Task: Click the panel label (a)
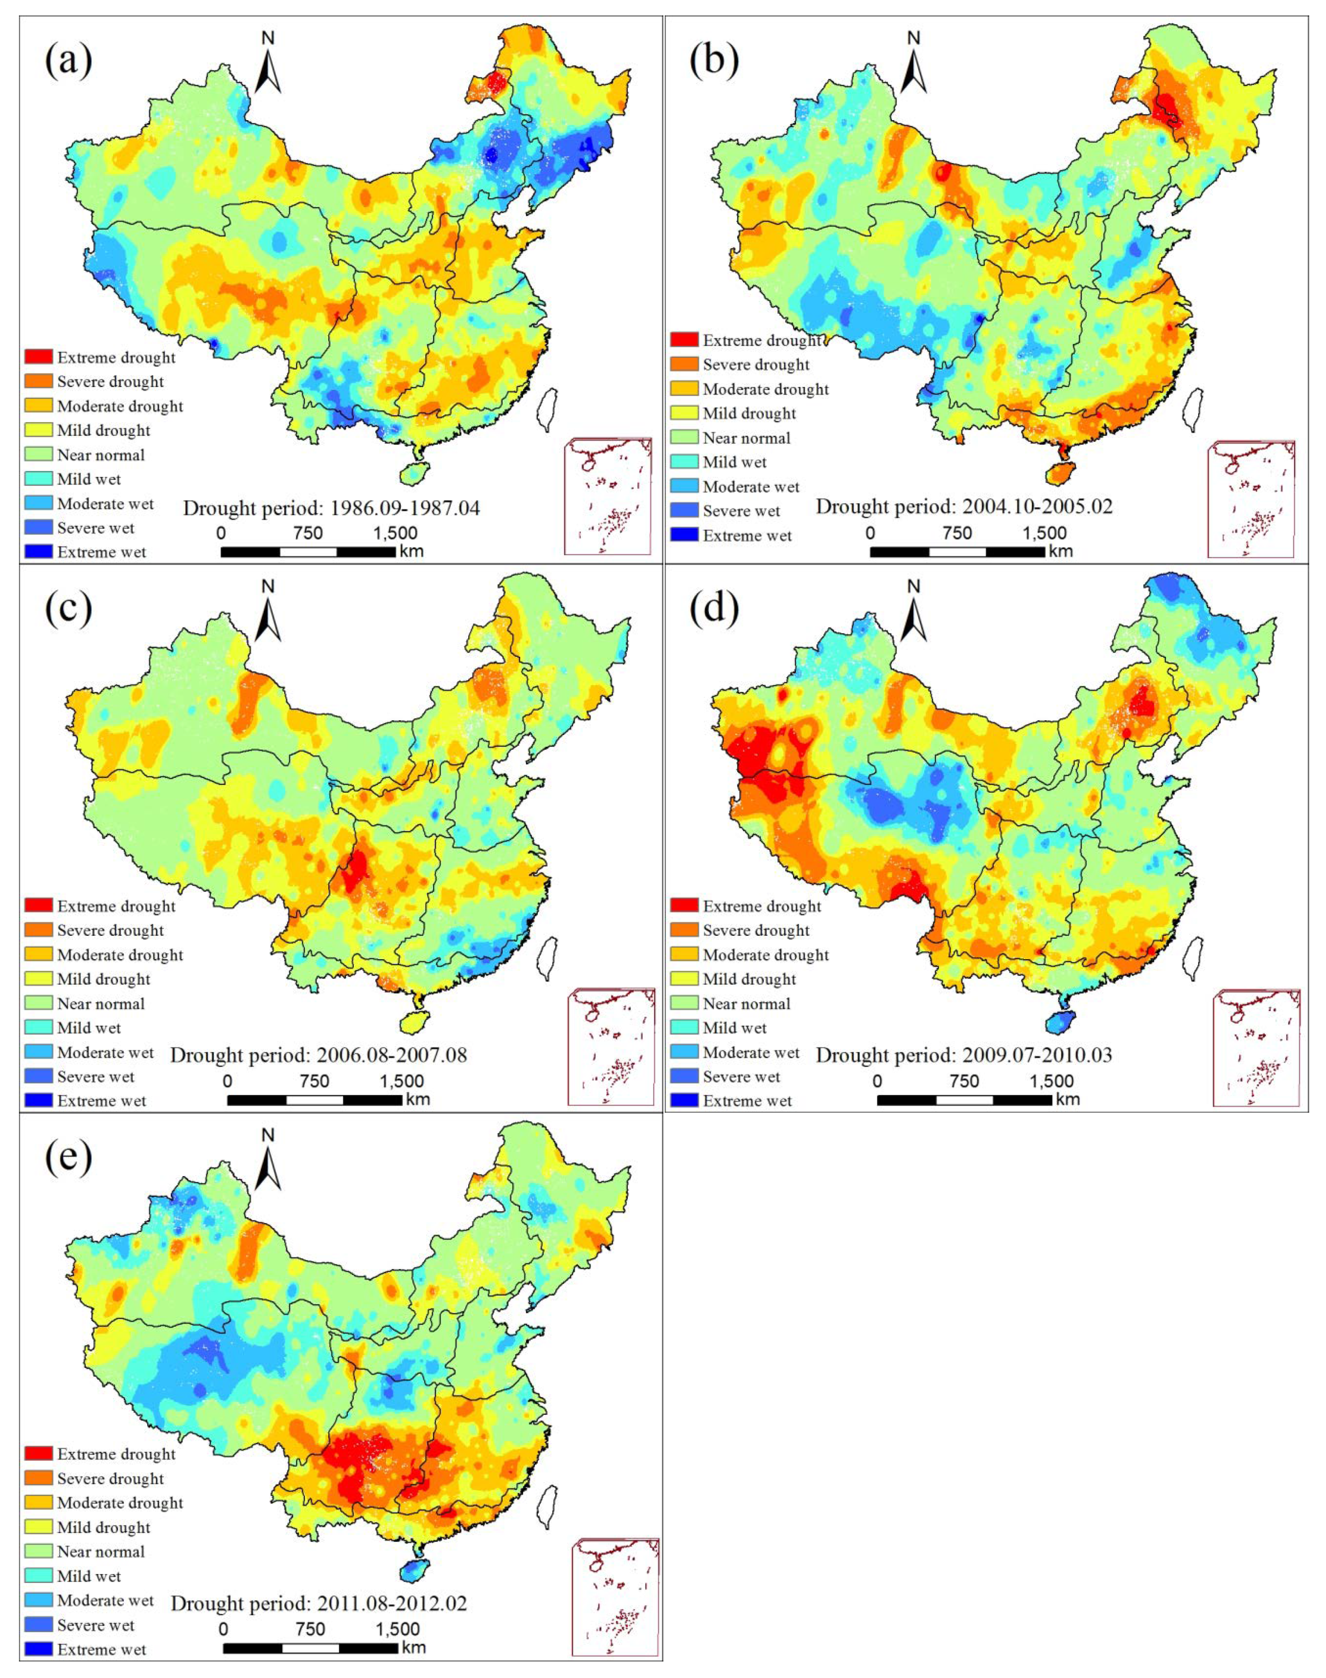click(68, 61)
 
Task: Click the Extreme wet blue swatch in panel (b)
click(685, 535)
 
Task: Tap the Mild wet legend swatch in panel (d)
click(685, 1028)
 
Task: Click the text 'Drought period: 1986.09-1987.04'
click(331, 509)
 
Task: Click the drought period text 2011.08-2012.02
click(319, 1604)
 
